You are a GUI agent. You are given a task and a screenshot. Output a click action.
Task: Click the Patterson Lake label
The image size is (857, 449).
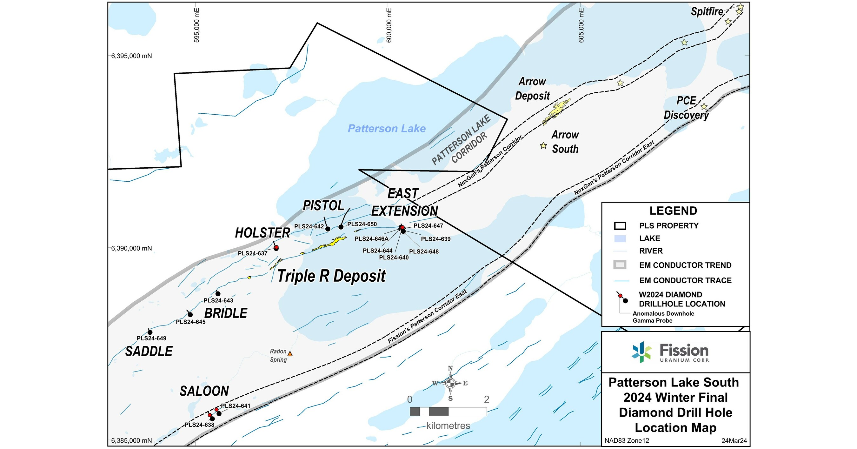(x=387, y=129)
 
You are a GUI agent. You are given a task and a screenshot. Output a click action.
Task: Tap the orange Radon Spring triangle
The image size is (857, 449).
(x=290, y=354)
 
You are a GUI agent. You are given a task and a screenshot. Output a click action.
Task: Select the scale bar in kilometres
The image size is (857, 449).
(x=448, y=412)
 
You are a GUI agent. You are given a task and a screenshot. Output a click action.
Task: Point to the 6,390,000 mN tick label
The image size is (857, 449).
(x=131, y=248)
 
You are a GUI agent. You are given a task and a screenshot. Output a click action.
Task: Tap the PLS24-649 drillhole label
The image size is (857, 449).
(x=151, y=338)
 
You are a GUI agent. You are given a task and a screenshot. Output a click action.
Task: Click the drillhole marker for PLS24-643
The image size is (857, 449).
(x=218, y=293)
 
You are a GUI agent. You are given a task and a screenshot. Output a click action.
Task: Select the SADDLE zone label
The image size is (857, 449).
(x=149, y=352)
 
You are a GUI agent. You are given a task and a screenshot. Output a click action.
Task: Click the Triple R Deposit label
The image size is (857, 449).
(x=331, y=276)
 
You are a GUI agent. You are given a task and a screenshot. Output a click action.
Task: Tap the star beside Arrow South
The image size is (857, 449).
(x=543, y=145)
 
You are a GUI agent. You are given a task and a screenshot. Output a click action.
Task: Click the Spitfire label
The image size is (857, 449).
(x=707, y=12)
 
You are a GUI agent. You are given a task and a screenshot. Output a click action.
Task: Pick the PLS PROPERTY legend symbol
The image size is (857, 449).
(x=620, y=226)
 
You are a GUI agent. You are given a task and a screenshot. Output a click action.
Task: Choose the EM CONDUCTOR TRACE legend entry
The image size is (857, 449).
(x=685, y=281)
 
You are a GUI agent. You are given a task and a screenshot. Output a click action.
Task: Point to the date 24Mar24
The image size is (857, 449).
(x=734, y=441)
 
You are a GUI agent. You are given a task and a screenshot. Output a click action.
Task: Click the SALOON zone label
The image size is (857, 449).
(x=204, y=391)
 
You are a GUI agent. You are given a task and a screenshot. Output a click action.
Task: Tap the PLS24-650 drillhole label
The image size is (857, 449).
(x=362, y=224)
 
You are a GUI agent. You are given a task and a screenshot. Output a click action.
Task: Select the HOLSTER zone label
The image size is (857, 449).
(x=262, y=233)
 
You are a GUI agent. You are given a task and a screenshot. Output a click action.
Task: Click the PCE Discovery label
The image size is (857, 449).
(x=686, y=108)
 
